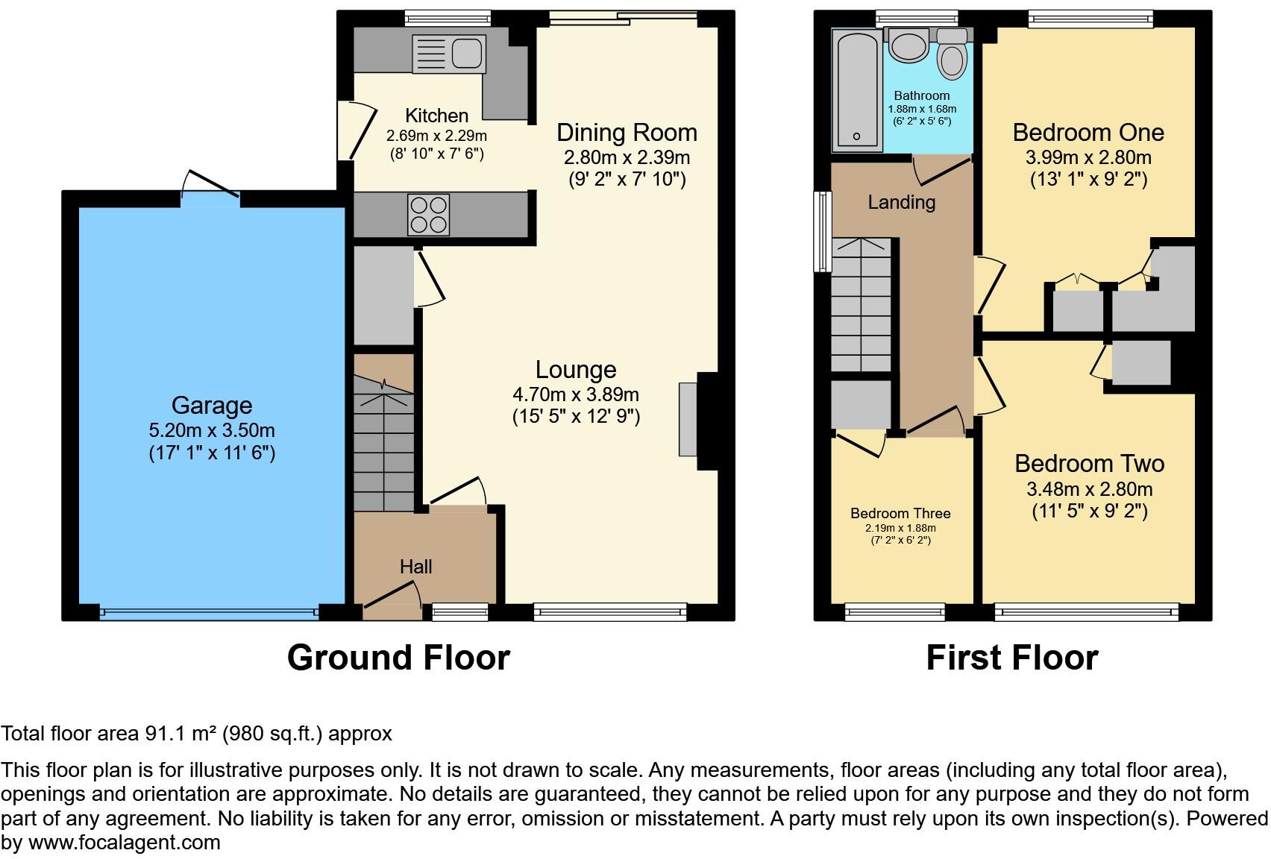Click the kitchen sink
coord(449,54)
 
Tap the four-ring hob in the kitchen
coord(429,215)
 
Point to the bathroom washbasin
coord(909,45)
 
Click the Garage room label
coord(212,406)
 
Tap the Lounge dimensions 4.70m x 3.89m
coord(575,394)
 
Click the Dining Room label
coord(627,133)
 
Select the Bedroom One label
coord(1088,133)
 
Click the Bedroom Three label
coord(900,514)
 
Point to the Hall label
coord(415,567)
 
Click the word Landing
coord(901,202)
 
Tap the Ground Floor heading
coord(398,658)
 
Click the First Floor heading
coord(1011,658)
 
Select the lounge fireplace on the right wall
coord(688,419)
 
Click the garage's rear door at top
coord(210,190)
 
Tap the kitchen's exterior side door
coord(348,130)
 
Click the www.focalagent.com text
coord(125,843)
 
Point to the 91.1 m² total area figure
coord(181,734)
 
